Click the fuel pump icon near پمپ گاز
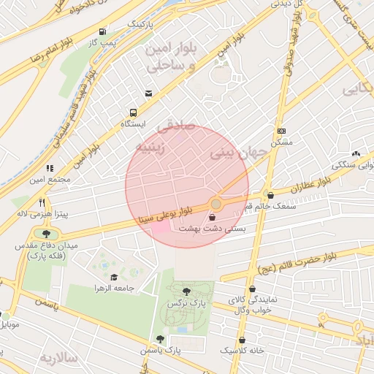point(102,32)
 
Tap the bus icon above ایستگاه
point(133,112)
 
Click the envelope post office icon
point(149,93)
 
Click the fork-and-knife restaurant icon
point(42,202)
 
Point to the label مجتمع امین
point(50,179)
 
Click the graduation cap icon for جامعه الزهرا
point(113,277)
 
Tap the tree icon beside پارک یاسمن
point(160,339)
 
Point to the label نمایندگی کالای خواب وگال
point(250,305)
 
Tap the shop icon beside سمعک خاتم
point(271,196)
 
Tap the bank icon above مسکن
point(281,131)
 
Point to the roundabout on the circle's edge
point(216,203)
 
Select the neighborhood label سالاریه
point(58,358)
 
